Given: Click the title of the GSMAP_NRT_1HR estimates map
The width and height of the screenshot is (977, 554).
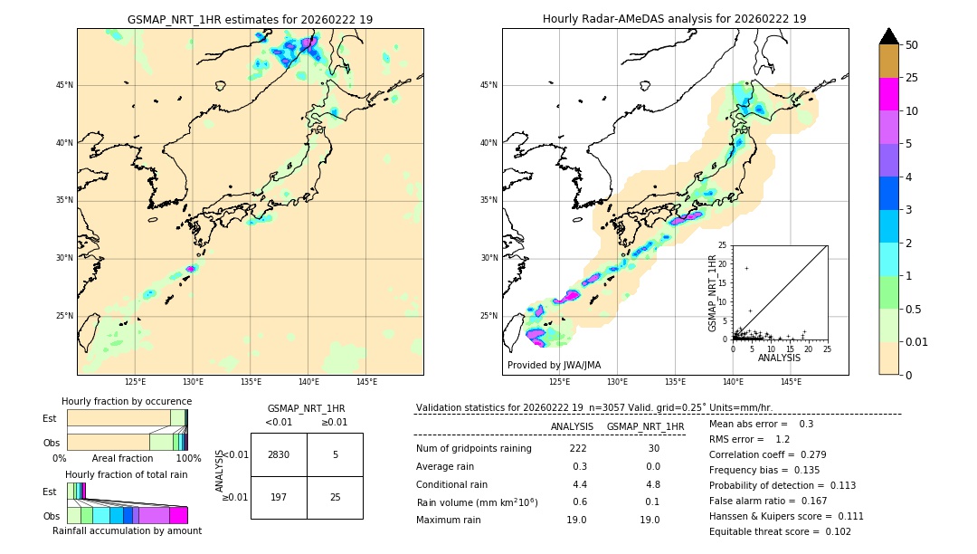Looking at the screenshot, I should (250, 19).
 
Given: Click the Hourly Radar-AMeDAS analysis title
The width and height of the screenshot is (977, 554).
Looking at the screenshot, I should (674, 19).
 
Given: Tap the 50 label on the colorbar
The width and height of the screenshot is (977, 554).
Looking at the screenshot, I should (912, 45).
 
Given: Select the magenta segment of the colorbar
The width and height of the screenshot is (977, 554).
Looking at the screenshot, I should (888, 94).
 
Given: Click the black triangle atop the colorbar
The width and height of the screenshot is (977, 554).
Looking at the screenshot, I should (888, 36).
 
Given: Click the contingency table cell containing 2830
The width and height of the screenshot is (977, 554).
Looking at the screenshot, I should (279, 454).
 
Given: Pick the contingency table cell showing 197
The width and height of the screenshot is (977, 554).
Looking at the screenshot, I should (279, 497).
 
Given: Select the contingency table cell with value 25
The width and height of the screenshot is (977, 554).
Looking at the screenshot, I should (335, 497).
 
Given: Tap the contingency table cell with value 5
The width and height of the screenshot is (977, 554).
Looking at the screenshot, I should (335, 454).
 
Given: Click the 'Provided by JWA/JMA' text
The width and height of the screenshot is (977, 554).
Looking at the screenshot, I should (554, 365).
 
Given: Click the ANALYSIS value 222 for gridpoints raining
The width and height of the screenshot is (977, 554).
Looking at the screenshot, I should (578, 449).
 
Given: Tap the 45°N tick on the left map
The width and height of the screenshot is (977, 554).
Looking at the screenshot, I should (64, 85).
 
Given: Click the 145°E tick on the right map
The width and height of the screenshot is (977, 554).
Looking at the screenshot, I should (791, 382).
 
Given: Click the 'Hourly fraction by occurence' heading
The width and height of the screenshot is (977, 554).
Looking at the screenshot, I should (127, 401).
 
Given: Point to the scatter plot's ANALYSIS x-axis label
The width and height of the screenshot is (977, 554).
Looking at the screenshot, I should (778, 358).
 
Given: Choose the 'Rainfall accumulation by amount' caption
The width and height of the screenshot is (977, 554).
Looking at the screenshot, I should (127, 530).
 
